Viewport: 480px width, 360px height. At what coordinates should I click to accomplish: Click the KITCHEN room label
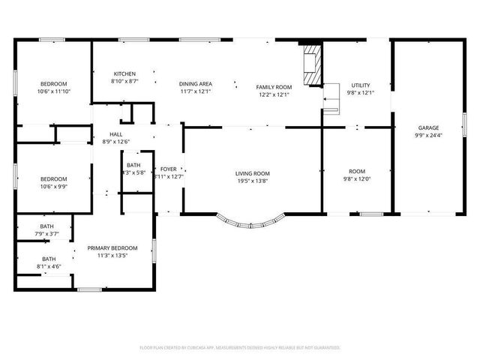tap(124, 73)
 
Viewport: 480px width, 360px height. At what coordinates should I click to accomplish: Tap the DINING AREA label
tap(195, 84)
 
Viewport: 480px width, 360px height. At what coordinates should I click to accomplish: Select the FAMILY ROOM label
tap(274, 87)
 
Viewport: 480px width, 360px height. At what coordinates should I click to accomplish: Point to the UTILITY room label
tap(360, 85)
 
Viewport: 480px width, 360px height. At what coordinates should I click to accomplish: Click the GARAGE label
tap(428, 127)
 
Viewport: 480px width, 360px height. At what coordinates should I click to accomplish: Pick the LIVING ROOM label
tap(252, 173)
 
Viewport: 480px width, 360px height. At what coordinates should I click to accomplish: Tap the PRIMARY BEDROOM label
tap(112, 247)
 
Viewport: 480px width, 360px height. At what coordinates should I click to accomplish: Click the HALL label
tap(115, 133)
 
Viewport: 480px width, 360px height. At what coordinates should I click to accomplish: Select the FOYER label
tap(168, 169)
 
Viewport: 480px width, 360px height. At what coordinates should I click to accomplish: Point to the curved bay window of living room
tap(252, 222)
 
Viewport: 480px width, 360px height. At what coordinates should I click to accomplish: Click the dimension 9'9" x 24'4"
tap(428, 136)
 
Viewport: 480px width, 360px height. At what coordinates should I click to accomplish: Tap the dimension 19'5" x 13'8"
tap(252, 181)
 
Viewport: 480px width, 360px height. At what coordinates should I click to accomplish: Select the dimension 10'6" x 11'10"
tap(53, 91)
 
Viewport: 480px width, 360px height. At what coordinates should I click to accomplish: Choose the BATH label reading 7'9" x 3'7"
tap(47, 226)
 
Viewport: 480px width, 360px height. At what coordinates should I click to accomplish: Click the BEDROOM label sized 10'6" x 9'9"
tap(53, 178)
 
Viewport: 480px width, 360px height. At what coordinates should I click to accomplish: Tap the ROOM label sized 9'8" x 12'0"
tap(357, 171)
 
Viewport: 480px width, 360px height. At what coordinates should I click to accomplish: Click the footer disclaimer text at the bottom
tap(240, 347)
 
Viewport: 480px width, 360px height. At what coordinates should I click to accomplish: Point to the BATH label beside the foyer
tap(133, 165)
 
